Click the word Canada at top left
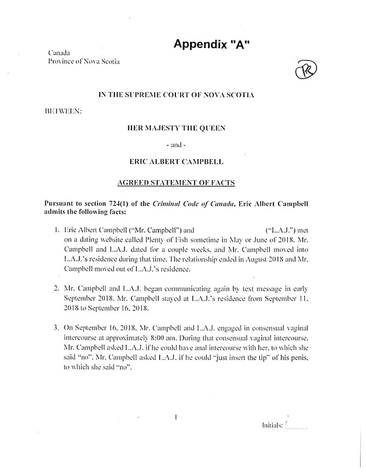point(59,53)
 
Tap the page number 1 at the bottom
point(175,418)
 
